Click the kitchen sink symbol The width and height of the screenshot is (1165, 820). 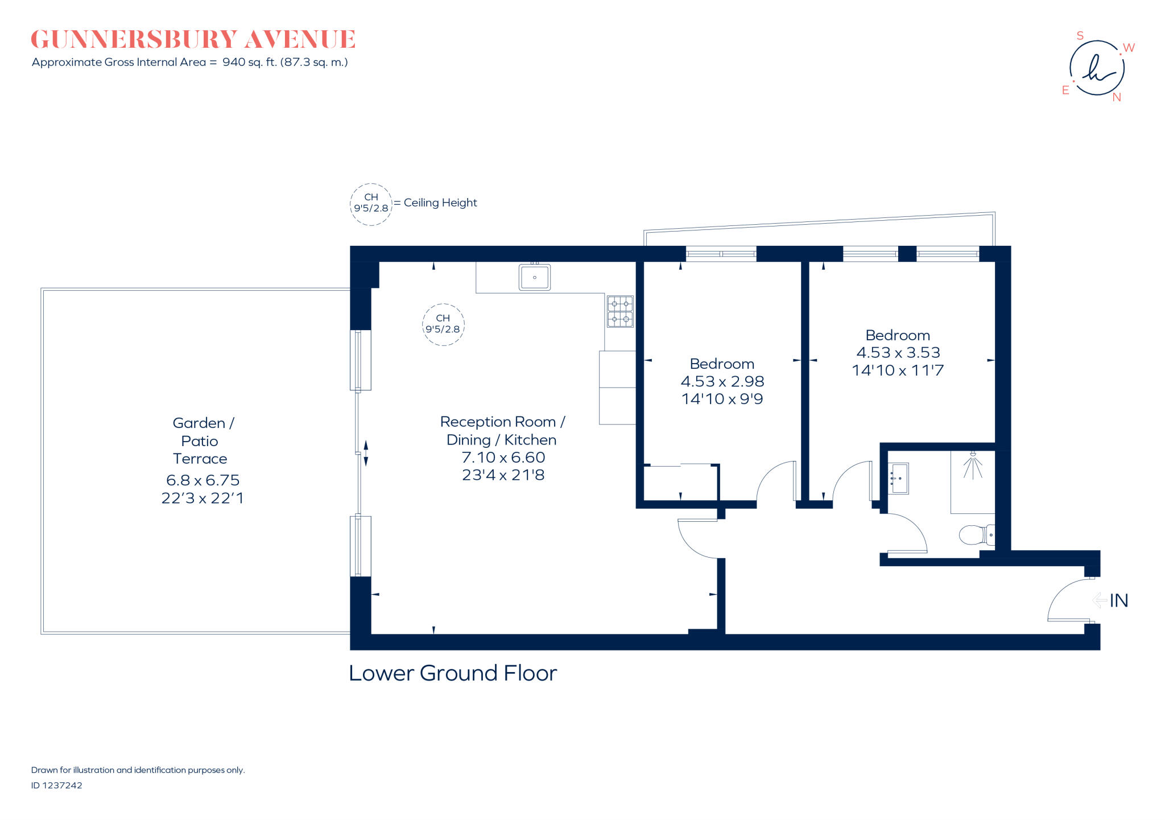coord(534,277)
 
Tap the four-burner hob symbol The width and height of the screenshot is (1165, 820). coord(620,311)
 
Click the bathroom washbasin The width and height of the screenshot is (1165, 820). coord(899,478)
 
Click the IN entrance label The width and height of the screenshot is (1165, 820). coord(1118,600)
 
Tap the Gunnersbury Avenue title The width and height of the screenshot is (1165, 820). coord(193,40)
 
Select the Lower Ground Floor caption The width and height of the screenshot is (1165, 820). coord(453,673)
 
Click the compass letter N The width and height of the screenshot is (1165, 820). coord(1117,97)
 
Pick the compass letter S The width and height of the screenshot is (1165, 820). coord(1080,36)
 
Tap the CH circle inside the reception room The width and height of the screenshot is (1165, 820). coord(443,324)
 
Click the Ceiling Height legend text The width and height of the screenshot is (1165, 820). coord(440,203)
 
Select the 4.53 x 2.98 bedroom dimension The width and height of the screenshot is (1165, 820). coord(722,381)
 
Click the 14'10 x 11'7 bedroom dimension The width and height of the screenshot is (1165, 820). coord(898,370)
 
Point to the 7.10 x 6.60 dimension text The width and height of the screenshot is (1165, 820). coord(503,458)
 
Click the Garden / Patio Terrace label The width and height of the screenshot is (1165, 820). coord(201,440)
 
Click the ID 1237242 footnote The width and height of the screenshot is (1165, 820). coord(56,785)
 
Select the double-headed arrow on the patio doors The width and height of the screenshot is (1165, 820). coord(366,454)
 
